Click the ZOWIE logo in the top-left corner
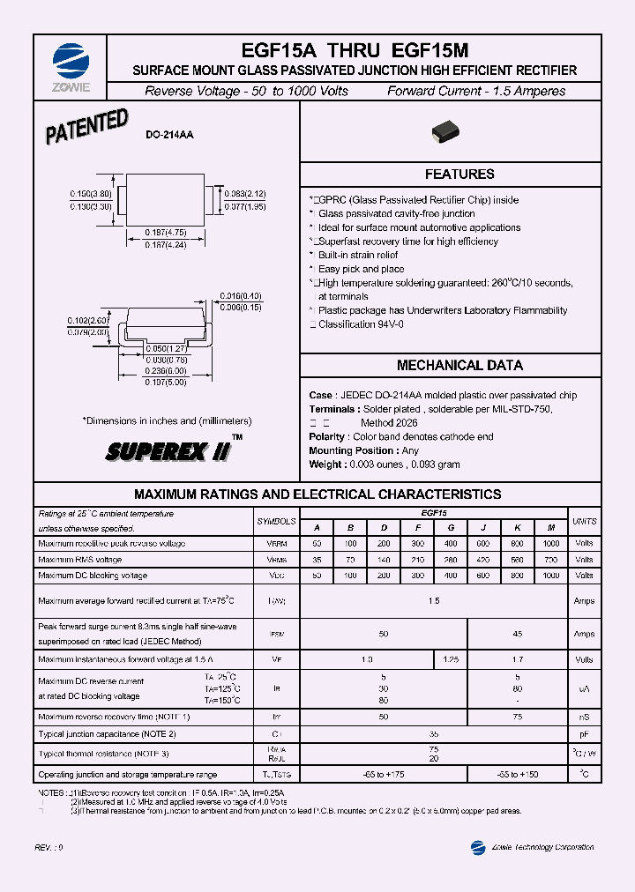pos(71,63)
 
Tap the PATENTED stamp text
pos(86,127)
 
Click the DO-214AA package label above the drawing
pos(169,135)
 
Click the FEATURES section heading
pos(459,175)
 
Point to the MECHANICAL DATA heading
pos(459,365)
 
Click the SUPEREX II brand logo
pos(168,452)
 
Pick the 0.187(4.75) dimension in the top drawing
pos(166,233)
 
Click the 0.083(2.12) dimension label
pos(244,193)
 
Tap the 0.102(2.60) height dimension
pos(88,321)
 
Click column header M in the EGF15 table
pos(550,527)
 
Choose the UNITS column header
pos(584,521)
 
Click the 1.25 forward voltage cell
pos(450,659)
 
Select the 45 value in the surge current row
pos(517,634)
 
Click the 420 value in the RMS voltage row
pos(483,559)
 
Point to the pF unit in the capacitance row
pos(584,733)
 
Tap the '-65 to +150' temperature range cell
pos(517,774)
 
